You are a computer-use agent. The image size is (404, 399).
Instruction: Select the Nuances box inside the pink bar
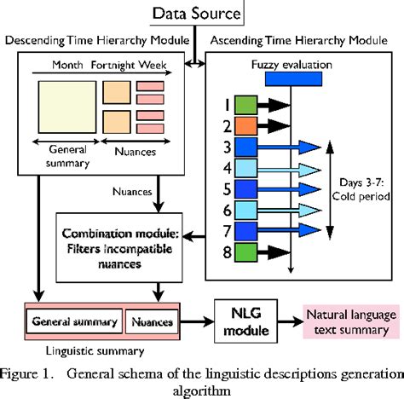pyautogui.click(x=152, y=322)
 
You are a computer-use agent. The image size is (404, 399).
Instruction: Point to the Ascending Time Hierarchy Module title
pyautogui.click(x=304, y=40)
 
